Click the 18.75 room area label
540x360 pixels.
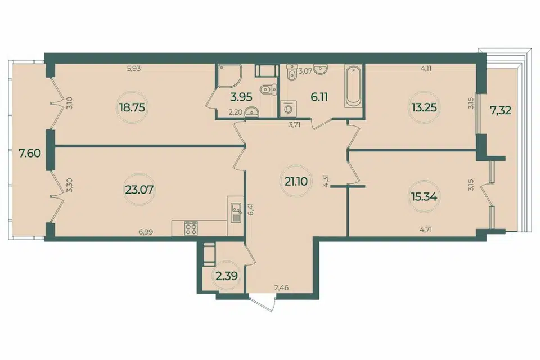tap(132, 107)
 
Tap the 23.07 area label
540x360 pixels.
tap(139, 189)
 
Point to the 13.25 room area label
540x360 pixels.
tap(424, 107)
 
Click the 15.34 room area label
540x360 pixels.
tap(424, 197)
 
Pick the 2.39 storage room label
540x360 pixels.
tap(227, 276)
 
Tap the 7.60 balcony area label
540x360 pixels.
tap(30, 153)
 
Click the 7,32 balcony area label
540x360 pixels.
tap(501, 111)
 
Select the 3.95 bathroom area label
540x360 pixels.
tap(241, 97)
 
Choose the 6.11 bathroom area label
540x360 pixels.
tap(319, 97)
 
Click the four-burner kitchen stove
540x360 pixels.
tap(191, 228)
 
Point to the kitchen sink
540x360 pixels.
tap(236, 213)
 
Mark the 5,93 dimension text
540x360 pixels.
tap(134, 68)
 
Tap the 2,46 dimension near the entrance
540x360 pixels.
tap(281, 287)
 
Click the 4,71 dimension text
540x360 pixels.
tap(425, 228)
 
